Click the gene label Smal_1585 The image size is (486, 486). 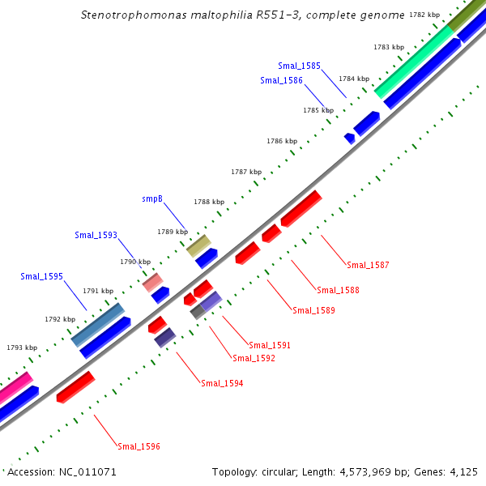299,66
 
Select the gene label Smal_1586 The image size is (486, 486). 281,80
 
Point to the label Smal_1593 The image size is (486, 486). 96,235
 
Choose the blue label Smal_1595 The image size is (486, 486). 41,276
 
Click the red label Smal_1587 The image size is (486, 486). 368,265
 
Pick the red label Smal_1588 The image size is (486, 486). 338,290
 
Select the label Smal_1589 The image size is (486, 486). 313,310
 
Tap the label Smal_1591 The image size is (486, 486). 270,345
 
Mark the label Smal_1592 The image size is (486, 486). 254,358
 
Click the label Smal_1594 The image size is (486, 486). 222,383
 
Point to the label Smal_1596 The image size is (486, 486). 139,446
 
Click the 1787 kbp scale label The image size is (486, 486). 246,172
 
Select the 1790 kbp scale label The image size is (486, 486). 135,262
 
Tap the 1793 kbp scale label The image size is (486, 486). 22,347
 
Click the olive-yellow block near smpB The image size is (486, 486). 198,245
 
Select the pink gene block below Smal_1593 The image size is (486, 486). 152,282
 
